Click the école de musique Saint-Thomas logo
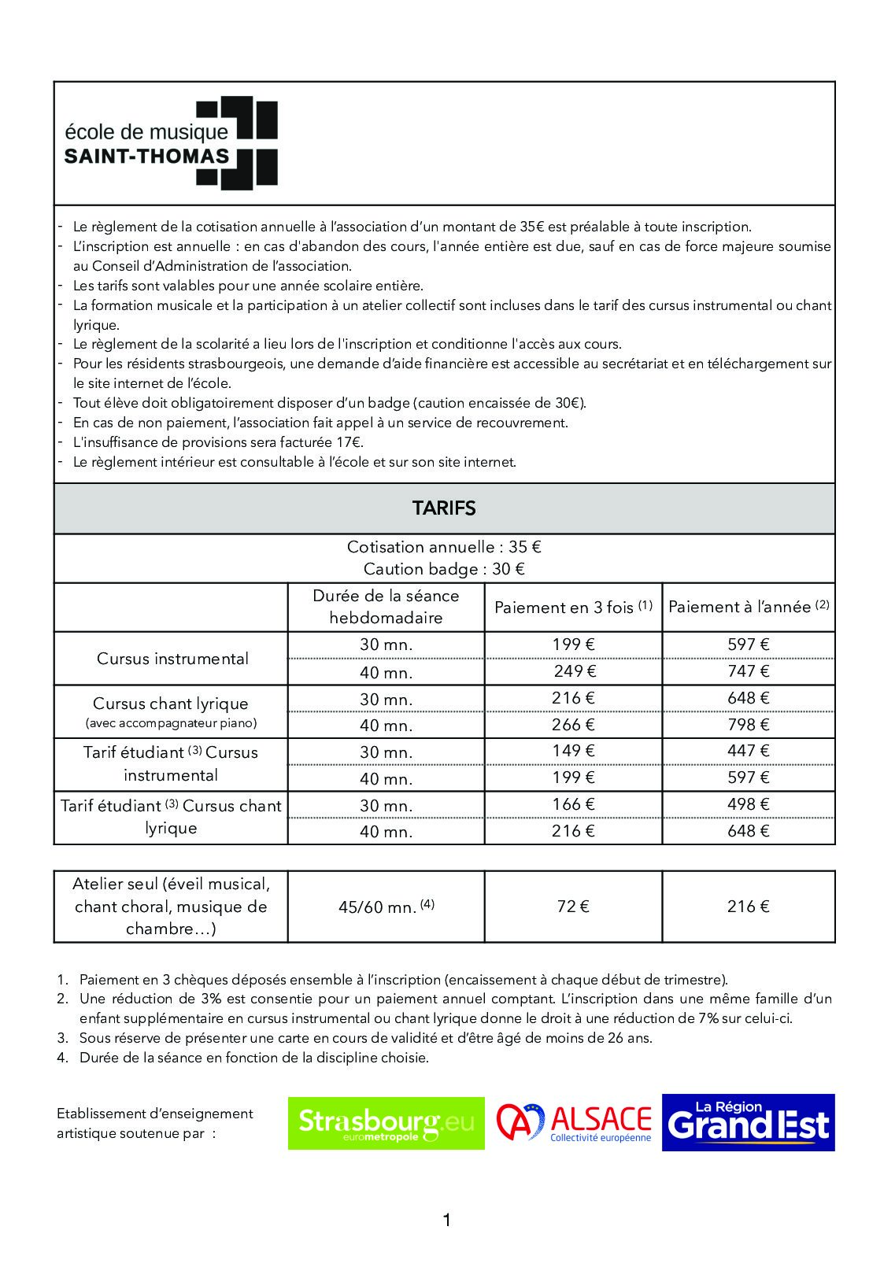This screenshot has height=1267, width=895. (x=170, y=143)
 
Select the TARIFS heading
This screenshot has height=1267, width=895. (x=444, y=508)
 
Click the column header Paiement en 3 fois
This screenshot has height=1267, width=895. (x=573, y=607)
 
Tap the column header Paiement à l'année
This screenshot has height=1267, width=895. (x=748, y=607)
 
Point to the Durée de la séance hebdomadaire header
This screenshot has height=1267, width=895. (x=386, y=607)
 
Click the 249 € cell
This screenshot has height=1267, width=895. (x=573, y=671)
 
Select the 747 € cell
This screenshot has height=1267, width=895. (x=748, y=671)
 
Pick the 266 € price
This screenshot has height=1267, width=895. (x=573, y=725)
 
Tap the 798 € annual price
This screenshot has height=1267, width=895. (x=748, y=725)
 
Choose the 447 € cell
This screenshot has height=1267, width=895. (x=748, y=751)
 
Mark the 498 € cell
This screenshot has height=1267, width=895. (x=748, y=804)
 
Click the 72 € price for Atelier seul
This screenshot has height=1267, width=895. (x=573, y=907)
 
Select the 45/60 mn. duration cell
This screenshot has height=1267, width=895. (x=386, y=907)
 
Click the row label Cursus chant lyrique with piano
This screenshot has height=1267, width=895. (x=171, y=711)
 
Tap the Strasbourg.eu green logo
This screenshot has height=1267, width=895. (x=386, y=1123)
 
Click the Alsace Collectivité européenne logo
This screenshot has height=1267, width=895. (x=574, y=1123)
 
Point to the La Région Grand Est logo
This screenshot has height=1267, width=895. (x=748, y=1123)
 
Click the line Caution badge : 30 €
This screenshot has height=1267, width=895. (x=444, y=569)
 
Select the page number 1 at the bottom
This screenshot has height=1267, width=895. (x=447, y=1221)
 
